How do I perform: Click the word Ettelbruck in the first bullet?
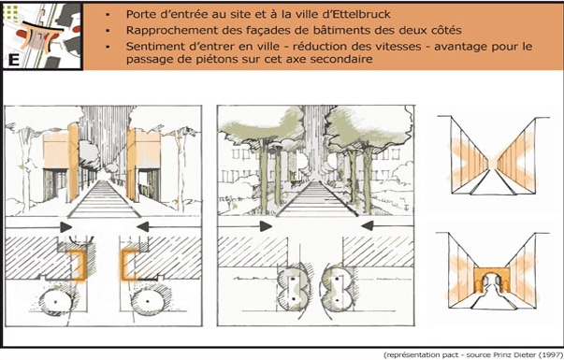(363, 14)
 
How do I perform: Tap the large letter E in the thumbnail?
(14, 60)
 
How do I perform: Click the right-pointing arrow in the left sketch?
(65, 227)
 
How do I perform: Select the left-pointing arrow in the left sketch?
(143, 226)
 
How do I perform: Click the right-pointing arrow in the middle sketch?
(266, 226)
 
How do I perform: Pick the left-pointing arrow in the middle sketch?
(368, 226)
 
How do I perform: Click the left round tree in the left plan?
(55, 301)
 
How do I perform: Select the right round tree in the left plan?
(147, 301)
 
